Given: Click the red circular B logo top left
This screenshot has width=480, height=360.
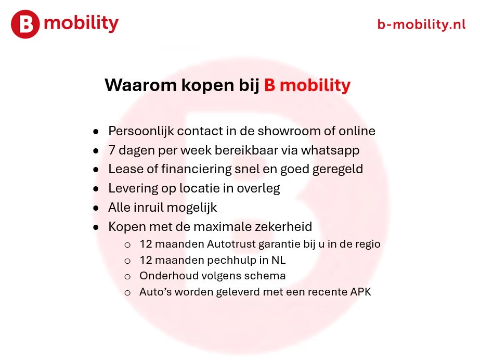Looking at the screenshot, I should click(25, 24).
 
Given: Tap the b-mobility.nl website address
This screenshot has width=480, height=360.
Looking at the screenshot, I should click(421, 24).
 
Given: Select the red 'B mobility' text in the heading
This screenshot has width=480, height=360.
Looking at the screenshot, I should click(307, 85).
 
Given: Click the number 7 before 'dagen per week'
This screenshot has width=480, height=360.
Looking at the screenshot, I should click(112, 150).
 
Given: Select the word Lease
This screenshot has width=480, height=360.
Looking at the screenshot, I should click(123, 170).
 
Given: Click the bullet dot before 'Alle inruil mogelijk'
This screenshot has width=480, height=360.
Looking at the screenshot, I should click(96, 208).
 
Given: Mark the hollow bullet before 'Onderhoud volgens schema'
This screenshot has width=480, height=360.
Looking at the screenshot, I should click(127, 276).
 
